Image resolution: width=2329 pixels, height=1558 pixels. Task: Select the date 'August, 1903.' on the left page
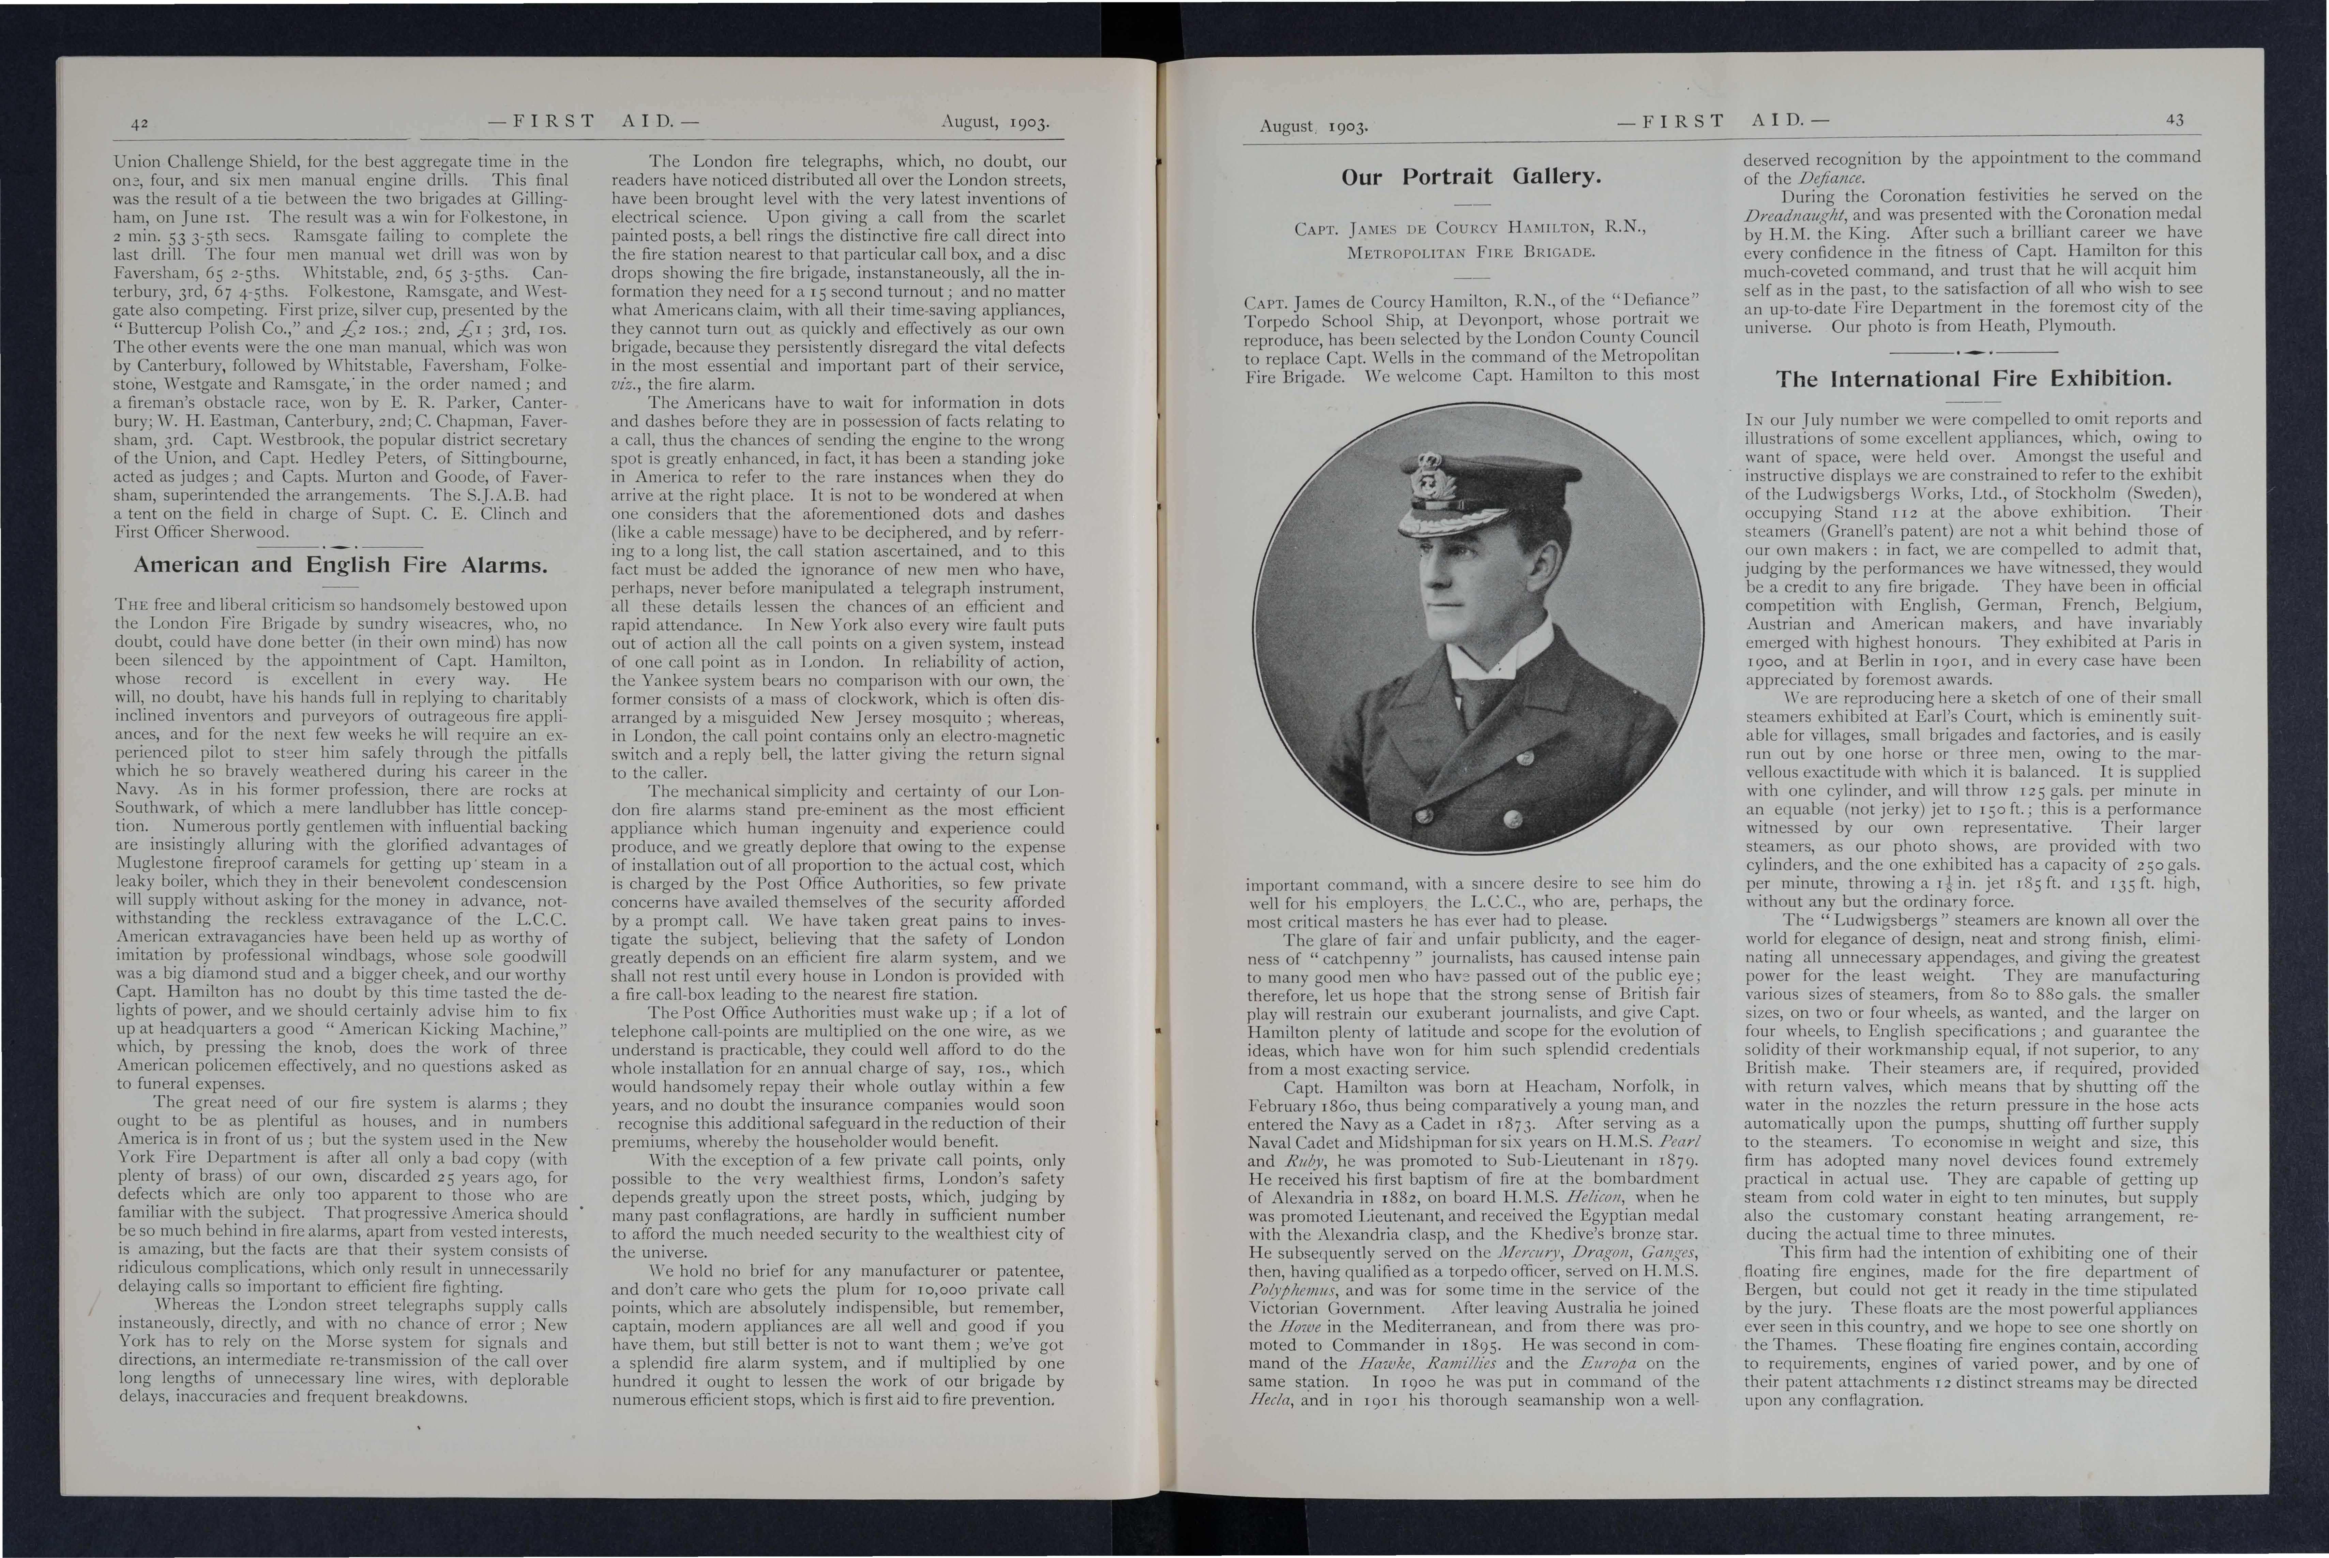[993, 123]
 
